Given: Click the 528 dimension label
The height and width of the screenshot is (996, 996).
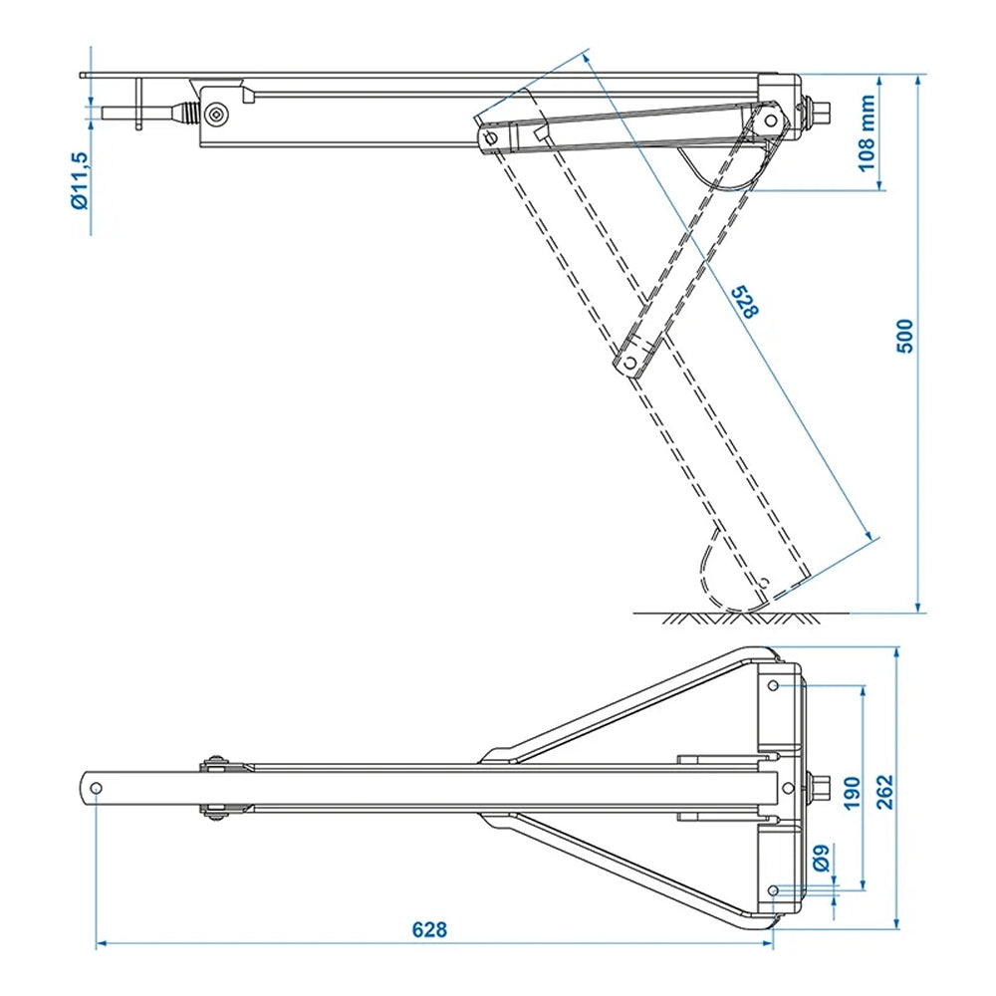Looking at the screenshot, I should tap(744, 302).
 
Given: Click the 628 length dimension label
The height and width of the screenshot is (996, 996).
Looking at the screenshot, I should tap(429, 930).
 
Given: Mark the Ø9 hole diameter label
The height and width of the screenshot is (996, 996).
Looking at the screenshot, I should tap(819, 857).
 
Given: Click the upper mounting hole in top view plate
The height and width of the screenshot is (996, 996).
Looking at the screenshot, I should tap(774, 685).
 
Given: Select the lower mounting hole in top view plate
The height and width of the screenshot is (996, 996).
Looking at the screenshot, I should tap(774, 889).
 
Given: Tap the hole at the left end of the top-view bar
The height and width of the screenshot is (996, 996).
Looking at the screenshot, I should tap(96, 788).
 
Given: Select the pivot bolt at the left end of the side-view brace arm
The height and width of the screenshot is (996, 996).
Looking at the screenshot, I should tap(490, 137).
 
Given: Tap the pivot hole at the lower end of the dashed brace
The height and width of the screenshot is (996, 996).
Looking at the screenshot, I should tap(628, 365).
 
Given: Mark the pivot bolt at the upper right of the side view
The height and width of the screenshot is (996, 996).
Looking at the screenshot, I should tap(770, 119).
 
